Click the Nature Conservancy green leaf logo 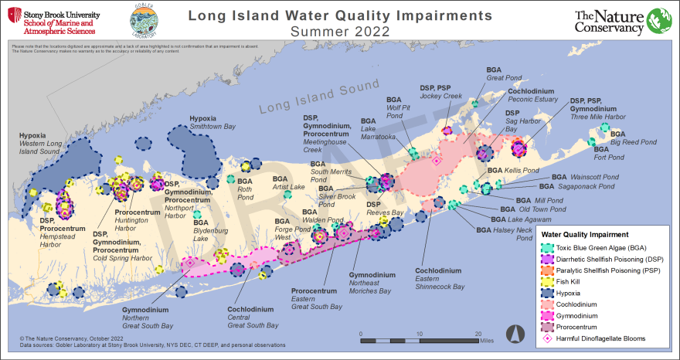point(658,22)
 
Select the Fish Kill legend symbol point(547,282)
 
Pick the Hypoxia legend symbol point(547,294)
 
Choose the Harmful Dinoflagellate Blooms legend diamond point(547,338)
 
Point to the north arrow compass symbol point(511,334)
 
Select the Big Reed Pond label point(633,142)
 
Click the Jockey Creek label point(440,97)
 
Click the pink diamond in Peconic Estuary point(436,161)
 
